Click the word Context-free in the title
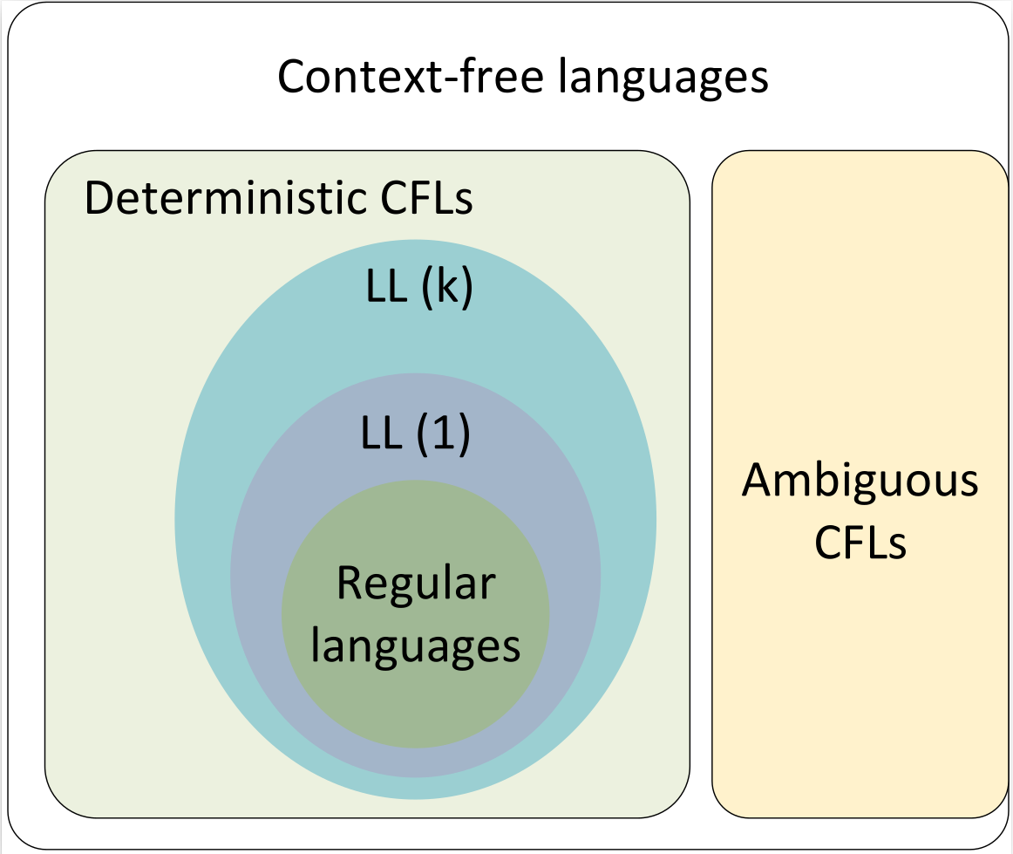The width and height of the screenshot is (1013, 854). pyautogui.click(x=410, y=77)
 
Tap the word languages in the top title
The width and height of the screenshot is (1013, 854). pyautogui.click(x=664, y=79)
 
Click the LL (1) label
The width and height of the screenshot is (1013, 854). pyautogui.click(x=415, y=434)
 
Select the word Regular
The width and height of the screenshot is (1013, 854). pyautogui.click(x=416, y=584)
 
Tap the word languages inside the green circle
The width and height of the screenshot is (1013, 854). pyautogui.click(x=416, y=647)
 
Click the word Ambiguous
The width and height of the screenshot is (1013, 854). pyautogui.click(x=860, y=482)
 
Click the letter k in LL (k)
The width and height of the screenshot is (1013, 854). pyautogui.click(x=446, y=290)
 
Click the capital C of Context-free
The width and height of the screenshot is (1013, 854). pyautogui.click(x=292, y=77)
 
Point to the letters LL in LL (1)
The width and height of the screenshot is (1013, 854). pyautogui.click(x=381, y=434)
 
